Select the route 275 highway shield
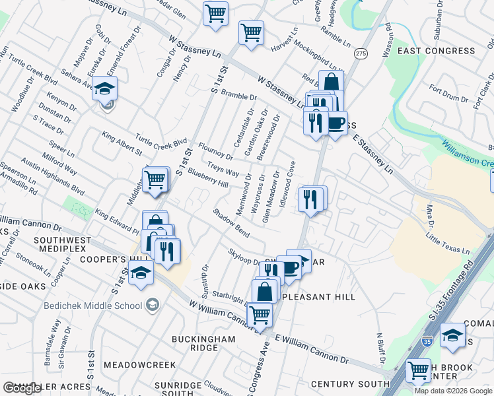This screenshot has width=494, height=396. pyautogui.click(x=360, y=53)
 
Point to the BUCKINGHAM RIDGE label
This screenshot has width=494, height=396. pyautogui.click(x=203, y=343)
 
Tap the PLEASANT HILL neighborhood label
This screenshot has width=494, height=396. pyautogui.click(x=320, y=297)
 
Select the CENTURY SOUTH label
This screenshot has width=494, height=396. pyautogui.click(x=350, y=384)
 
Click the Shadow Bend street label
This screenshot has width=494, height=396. pyautogui.click(x=231, y=224)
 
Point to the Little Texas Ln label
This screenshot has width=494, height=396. pyautogui.click(x=447, y=243)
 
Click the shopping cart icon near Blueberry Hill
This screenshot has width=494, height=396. pyautogui.click(x=155, y=180)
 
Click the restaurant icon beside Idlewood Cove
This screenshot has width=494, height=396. pyautogui.click(x=311, y=199)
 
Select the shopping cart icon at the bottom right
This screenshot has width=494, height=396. pyautogui.click(x=418, y=372)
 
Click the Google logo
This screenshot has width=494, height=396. pyautogui.click(x=22, y=388)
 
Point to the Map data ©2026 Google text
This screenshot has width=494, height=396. pyautogui.click(x=453, y=391)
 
